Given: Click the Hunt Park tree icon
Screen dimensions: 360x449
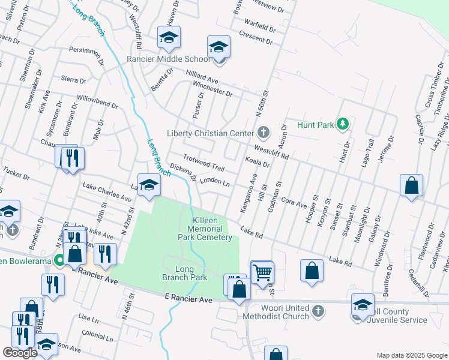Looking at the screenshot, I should pos(343,124).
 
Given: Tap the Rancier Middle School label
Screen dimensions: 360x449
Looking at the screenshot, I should pos(168,59).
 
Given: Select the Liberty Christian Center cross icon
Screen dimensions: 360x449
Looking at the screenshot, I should pos(263,132).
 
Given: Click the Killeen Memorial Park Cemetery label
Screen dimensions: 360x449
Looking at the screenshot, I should pos(205,229).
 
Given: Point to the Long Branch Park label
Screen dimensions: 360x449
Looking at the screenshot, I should pos(184,273).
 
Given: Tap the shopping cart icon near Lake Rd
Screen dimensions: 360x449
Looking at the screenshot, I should pos(262,272).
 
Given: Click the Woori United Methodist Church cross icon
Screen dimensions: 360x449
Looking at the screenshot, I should pos(318,311).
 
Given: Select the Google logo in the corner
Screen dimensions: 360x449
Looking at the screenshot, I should pos(20,352).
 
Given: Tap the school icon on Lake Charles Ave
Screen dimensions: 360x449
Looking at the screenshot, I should pos(149,184).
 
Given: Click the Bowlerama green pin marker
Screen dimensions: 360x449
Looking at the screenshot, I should pos(58,260).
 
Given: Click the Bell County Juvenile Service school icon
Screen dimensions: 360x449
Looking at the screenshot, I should pos(362,304).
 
